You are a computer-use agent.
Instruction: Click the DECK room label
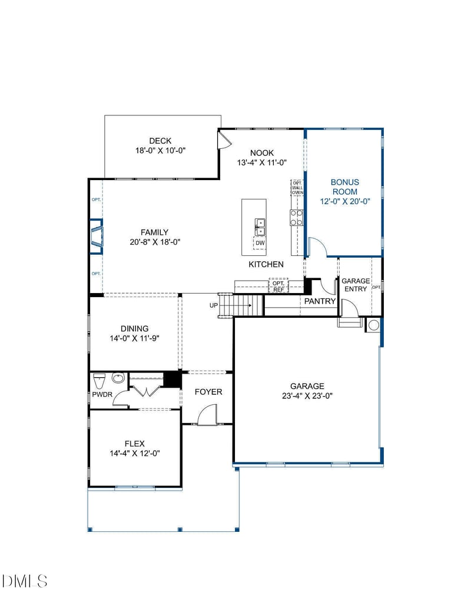160,141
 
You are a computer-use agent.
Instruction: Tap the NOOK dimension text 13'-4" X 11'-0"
261,162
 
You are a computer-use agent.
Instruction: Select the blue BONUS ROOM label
344,187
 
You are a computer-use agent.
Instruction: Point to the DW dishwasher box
260,242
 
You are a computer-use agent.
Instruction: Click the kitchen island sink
260,224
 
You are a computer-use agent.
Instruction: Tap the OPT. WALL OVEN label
297,188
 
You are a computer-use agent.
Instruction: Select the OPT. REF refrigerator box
278,286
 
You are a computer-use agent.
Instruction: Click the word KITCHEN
266,265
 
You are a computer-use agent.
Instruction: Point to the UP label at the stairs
214,305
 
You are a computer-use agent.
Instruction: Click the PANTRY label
320,301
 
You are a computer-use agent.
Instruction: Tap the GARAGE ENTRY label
356,285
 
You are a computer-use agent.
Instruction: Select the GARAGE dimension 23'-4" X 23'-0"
307,396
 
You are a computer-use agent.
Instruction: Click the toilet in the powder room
98,378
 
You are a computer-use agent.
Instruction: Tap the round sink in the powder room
118,378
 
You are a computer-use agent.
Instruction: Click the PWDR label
98,395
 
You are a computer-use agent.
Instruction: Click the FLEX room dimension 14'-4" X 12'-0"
134,453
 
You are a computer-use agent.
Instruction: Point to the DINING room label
134,329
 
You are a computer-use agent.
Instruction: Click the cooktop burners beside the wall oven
296,218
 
